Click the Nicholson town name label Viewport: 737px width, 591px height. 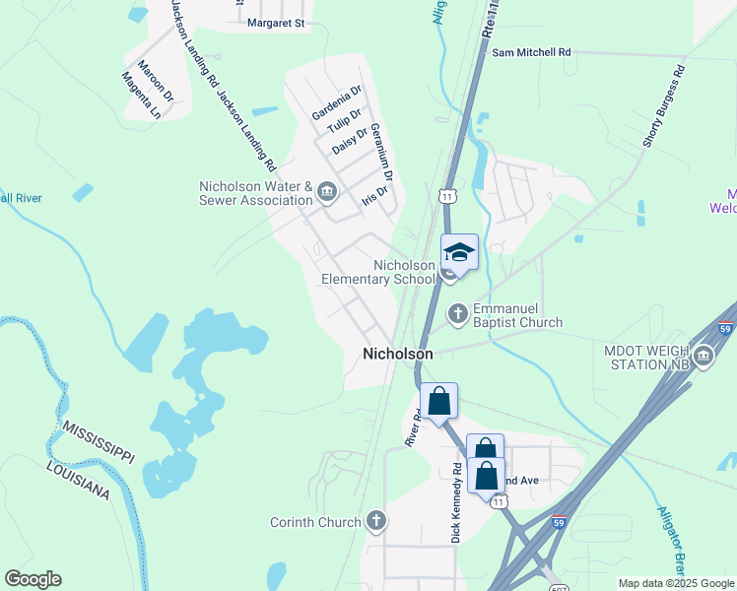(397, 354)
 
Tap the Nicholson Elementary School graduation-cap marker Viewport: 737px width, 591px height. (458, 253)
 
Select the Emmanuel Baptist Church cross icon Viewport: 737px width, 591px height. (457, 314)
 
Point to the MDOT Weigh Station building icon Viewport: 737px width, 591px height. (703, 356)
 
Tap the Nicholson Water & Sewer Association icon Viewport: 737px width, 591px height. (327, 190)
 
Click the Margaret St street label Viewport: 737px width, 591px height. (277, 22)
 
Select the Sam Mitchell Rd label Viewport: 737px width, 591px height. (531, 51)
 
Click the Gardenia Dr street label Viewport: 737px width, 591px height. (337, 102)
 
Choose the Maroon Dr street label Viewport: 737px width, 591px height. (156, 82)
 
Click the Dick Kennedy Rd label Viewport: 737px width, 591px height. (456, 502)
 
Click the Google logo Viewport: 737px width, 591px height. (33, 578)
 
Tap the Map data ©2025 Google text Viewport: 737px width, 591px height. (675, 583)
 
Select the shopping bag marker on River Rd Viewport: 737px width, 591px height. (439, 401)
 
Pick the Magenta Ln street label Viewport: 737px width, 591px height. (141, 95)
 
